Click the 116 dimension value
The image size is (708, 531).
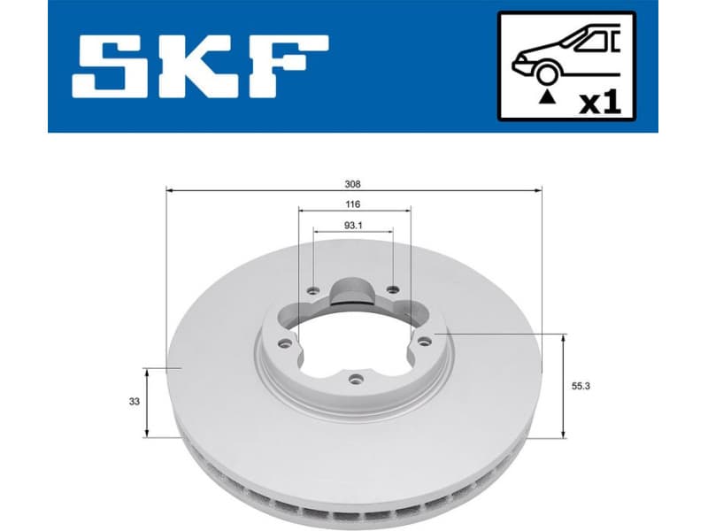click(x=354, y=204)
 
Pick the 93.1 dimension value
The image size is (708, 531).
click(x=353, y=226)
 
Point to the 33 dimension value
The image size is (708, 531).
click(x=134, y=402)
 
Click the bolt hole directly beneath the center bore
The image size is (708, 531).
click(x=356, y=380)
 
